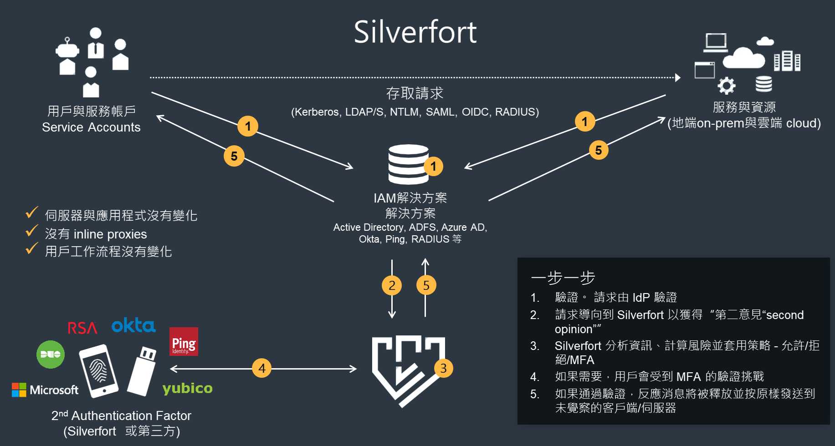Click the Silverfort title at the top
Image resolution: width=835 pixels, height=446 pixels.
coord(415,32)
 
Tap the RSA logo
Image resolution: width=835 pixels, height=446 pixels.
coord(82,328)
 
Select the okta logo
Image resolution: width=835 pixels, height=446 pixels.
coord(133,325)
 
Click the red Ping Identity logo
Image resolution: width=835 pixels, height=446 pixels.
coord(184,342)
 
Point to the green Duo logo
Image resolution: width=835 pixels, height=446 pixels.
coord(51,354)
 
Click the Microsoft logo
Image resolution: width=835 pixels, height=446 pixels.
coord(45,390)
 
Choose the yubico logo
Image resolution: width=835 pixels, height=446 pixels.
coord(187,388)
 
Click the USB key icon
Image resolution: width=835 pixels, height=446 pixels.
coord(142,371)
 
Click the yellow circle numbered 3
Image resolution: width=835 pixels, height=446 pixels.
coord(443,368)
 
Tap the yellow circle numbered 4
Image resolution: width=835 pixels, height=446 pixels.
coord(261,368)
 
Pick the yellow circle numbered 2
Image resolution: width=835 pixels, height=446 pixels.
coord(392,285)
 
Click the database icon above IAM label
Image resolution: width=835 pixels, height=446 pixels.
coord(408,164)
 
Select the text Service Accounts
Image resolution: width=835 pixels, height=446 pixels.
coord(91,127)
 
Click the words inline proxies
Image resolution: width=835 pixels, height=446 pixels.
coord(110,234)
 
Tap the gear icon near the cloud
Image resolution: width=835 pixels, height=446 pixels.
coord(726,86)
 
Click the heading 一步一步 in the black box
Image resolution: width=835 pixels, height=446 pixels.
coord(563,278)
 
